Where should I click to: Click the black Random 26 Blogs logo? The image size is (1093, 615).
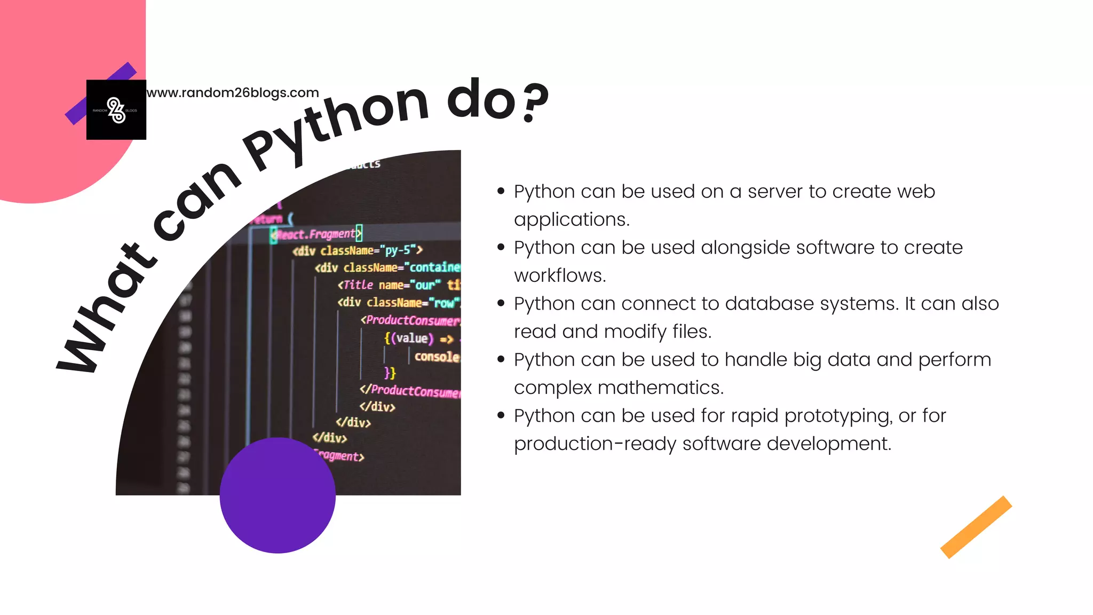coord(116,110)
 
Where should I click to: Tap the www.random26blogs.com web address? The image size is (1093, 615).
coord(233,93)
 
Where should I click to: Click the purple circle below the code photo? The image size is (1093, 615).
coord(278,495)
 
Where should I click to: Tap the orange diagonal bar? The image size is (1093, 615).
coord(976,527)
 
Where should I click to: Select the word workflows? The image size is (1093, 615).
coord(560,275)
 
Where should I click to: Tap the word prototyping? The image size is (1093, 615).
coord(838,416)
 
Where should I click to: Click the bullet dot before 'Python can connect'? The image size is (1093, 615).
coord(501,303)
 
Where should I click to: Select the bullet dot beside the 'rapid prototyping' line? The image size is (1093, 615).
coord(501,415)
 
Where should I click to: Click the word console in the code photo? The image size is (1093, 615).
coord(437,357)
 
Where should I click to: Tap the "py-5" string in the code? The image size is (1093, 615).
coord(398,250)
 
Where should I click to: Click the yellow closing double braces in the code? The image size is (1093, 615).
coord(390,373)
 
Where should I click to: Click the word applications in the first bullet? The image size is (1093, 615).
coord(572,219)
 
